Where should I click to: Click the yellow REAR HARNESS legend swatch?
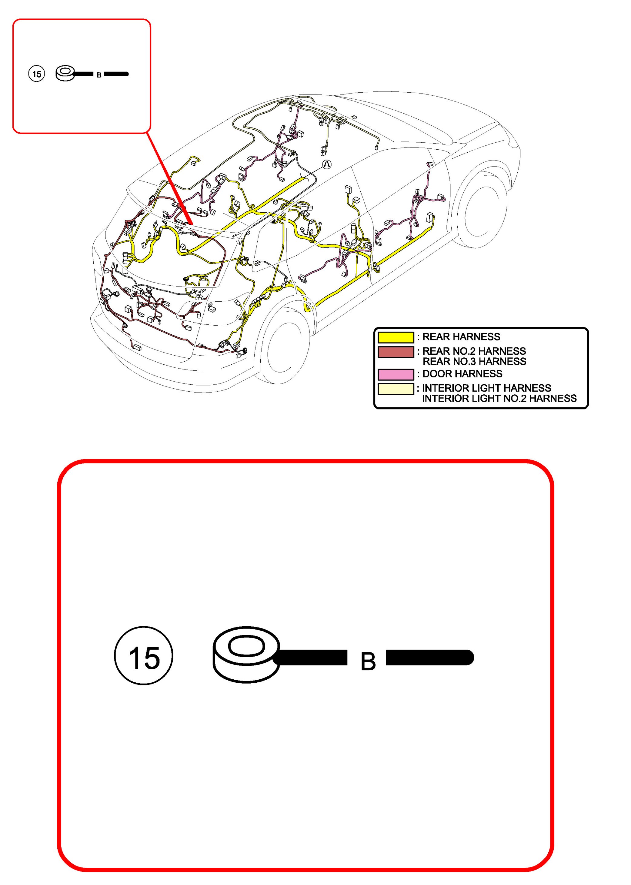[x=396, y=337]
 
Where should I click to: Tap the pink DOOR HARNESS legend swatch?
[x=396, y=374]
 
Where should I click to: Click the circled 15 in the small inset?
[x=37, y=74]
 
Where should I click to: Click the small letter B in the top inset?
[x=99, y=75]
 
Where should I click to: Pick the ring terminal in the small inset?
[x=65, y=73]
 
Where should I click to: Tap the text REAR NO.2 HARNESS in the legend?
[x=474, y=351]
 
